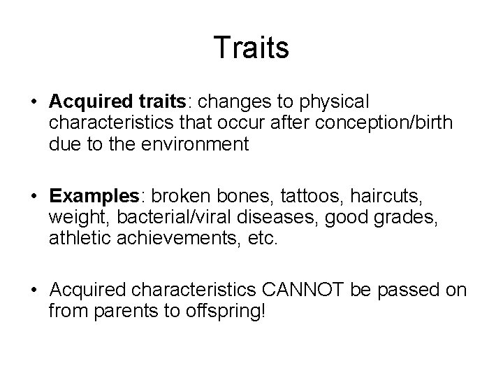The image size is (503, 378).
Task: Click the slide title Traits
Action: click(x=251, y=48)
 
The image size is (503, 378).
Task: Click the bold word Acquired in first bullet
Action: click(x=85, y=101)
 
